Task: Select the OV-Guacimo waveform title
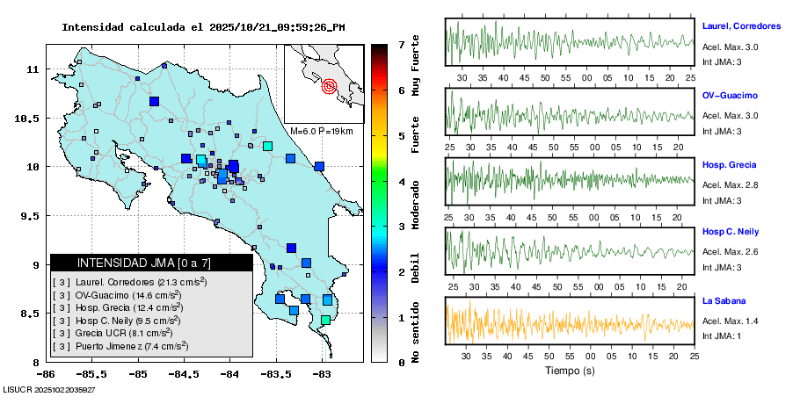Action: pyautogui.click(x=729, y=95)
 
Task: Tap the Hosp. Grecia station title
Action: pyautogui.click(x=729, y=164)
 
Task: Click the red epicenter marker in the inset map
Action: pyautogui.click(x=330, y=86)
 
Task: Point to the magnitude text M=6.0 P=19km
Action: pyautogui.click(x=321, y=132)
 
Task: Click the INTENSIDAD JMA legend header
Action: pyautogui.click(x=151, y=263)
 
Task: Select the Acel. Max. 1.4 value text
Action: pyautogui.click(x=730, y=321)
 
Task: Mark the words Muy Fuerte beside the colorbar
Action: pyautogui.click(x=415, y=67)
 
